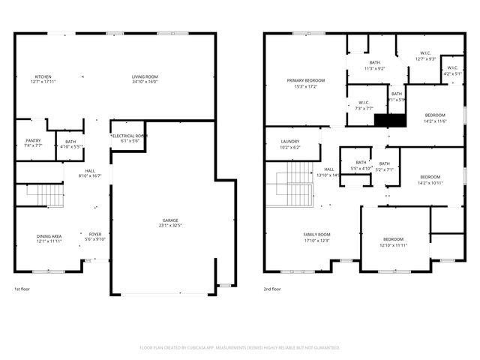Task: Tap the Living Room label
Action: [145, 76]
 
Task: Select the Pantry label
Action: [33, 140]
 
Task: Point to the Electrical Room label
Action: [129, 136]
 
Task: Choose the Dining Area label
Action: [49, 236]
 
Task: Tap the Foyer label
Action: [95, 235]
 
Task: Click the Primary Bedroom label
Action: [305, 80]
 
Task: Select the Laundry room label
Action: [289, 141]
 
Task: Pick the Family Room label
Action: [316, 235]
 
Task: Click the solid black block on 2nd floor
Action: [389, 120]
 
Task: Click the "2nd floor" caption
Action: [272, 289]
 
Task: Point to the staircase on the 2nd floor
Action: [299, 187]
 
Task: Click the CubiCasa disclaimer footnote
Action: [240, 347]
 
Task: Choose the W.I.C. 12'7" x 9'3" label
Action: [425, 56]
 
